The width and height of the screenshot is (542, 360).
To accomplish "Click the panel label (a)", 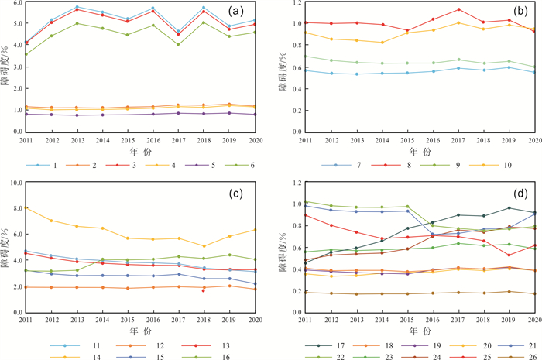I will [249, 13].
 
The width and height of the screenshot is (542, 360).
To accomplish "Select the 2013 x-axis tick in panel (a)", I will [77, 140].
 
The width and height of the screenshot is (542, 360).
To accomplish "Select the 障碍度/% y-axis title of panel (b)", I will [286, 74].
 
